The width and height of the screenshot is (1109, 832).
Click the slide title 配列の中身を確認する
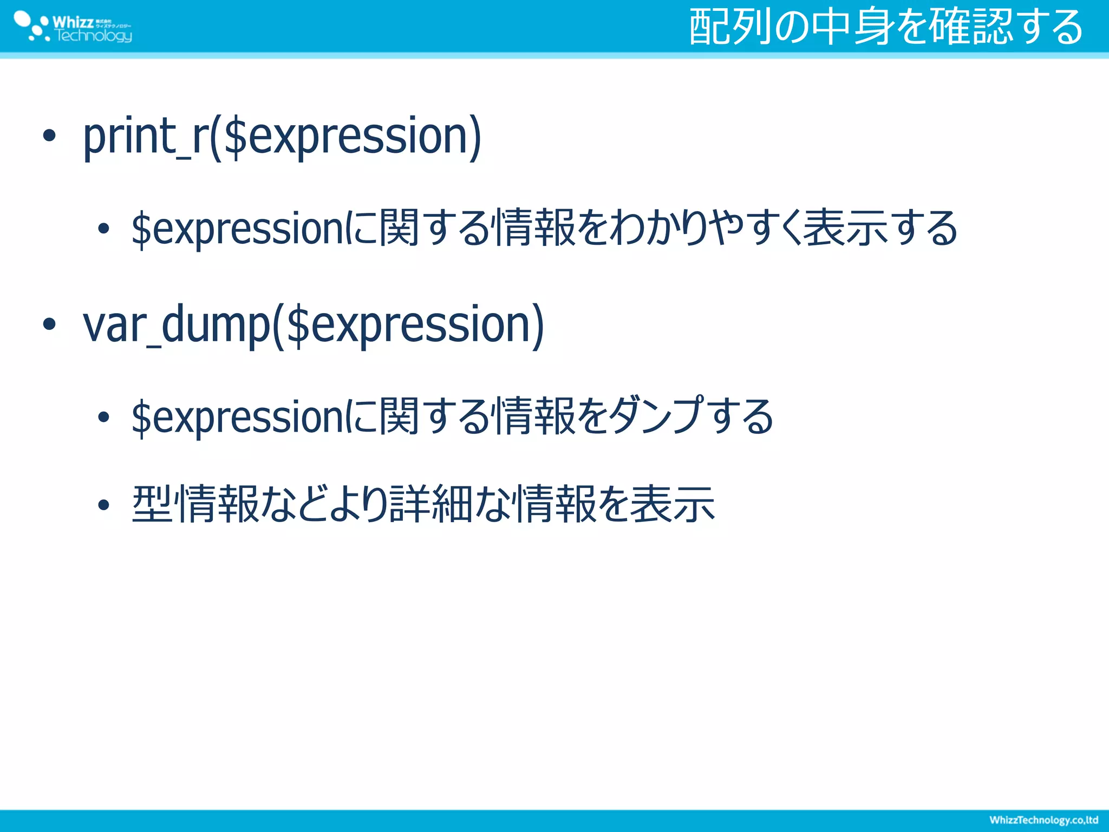point(886,27)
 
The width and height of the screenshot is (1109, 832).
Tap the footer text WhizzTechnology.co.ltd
point(1043,820)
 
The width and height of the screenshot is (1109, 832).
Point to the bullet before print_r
point(49,136)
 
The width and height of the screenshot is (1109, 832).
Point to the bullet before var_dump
point(49,324)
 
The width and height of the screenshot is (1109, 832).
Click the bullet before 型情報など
point(103,505)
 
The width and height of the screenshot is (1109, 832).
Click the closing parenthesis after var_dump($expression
point(537,325)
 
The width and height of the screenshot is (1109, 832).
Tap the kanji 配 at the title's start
point(709,27)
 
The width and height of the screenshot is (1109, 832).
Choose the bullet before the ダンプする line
point(103,417)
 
